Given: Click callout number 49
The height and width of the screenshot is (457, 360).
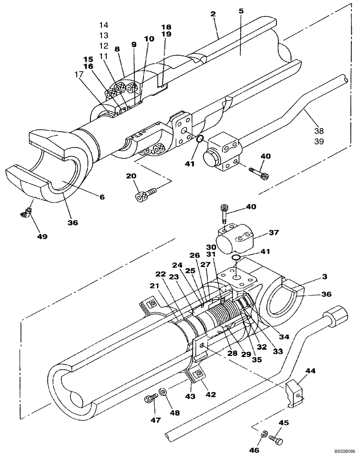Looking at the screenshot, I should [42, 236].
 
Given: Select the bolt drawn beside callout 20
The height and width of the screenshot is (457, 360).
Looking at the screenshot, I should [145, 194].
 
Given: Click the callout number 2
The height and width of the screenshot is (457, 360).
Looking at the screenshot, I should [213, 15].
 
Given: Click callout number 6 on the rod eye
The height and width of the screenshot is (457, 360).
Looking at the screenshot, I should [102, 197].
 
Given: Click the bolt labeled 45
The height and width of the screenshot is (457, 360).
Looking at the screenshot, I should [275, 439].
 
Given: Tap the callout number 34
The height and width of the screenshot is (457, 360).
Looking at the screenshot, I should [285, 337].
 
